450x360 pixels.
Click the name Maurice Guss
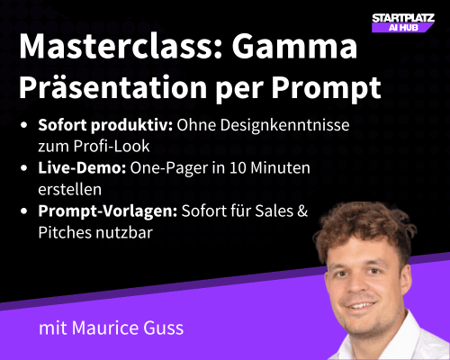(138, 328)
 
